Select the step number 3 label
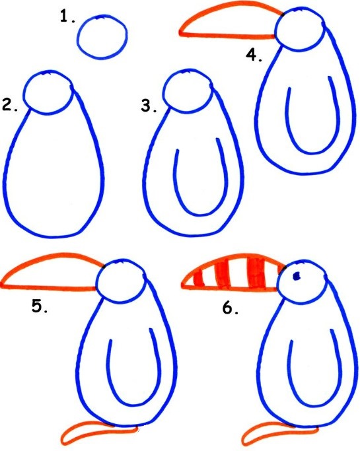(x=149, y=106)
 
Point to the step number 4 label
(x=254, y=55)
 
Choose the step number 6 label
(x=231, y=308)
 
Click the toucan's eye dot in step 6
(x=296, y=276)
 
